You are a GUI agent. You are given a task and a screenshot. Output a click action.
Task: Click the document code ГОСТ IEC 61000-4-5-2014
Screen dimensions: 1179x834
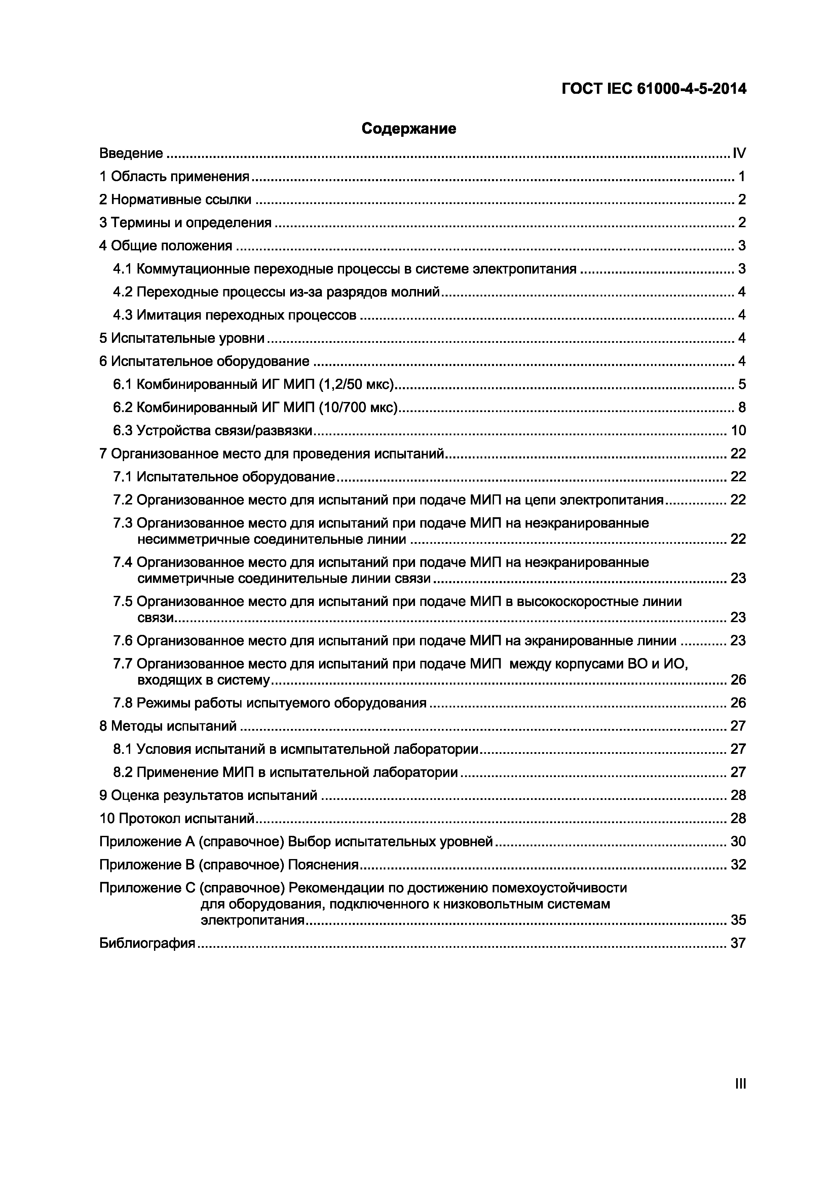click(x=654, y=89)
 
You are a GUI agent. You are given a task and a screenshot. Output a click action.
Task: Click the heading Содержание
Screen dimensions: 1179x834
click(x=409, y=128)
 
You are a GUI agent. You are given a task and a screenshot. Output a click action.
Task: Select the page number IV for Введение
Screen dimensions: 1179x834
click(x=739, y=153)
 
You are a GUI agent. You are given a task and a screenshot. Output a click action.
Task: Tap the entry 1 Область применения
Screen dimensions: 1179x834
click(x=174, y=177)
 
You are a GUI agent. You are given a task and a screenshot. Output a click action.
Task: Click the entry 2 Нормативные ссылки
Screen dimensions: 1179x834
click(x=175, y=200)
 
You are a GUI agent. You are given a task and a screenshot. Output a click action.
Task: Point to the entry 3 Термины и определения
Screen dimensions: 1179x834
click(x=185, y=223)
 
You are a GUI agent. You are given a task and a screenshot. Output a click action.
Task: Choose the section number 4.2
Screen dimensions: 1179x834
click(x=123, y=292)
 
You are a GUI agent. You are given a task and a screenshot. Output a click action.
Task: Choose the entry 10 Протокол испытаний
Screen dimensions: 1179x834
click(x=177, y=818)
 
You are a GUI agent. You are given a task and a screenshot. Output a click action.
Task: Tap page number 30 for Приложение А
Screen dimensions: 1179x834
click(x=738, y=842)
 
